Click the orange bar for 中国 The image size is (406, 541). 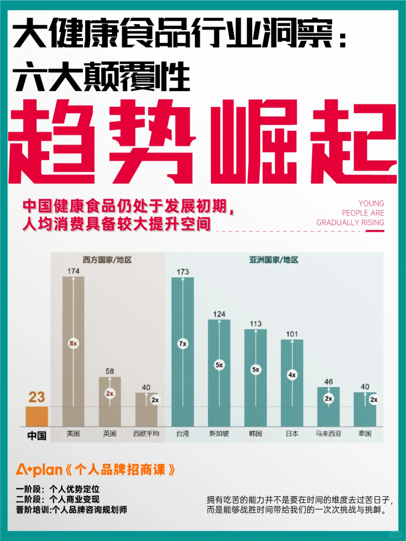point(37,416)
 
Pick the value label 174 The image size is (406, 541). point(73,271)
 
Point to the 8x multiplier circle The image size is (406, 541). point(73,343)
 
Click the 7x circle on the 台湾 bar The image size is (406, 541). point(183,344)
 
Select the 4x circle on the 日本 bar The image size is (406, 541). point(292,375)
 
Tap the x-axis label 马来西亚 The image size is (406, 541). point(328,434)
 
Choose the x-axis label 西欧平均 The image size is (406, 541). point(146,434)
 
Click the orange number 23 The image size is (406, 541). point(37,397)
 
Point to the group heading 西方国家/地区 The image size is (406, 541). point(107,260)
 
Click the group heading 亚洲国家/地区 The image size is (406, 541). point(274,260)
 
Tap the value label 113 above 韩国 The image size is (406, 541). point(256,324)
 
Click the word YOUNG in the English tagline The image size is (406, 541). point(371,203)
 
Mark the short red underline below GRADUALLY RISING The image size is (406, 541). point(375,231)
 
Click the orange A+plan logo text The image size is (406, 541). point(39,470)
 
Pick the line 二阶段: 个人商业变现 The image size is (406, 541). point(58,499)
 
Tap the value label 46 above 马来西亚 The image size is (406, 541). point(328,382)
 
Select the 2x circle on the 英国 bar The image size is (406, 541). point(110,394)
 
